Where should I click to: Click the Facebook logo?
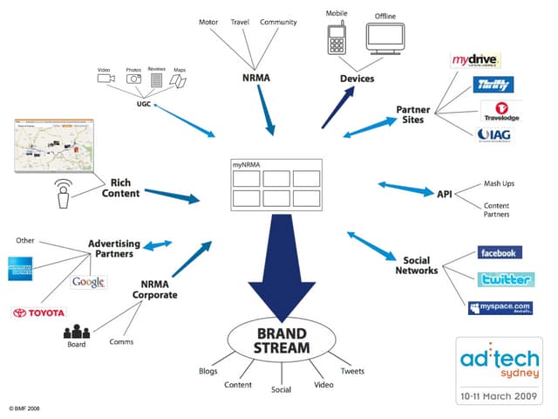point(500,253)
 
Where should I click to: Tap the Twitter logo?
point(506,279)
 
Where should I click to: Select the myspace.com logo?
point(500,307)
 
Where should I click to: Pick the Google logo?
point(89,282)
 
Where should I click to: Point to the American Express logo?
point(19,268)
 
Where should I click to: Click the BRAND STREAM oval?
point(280,340)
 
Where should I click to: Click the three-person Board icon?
point(77,333)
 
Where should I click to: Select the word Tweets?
point(352,370)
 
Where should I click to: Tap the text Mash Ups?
point(498,184)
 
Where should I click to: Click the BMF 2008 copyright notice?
point(27,408)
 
